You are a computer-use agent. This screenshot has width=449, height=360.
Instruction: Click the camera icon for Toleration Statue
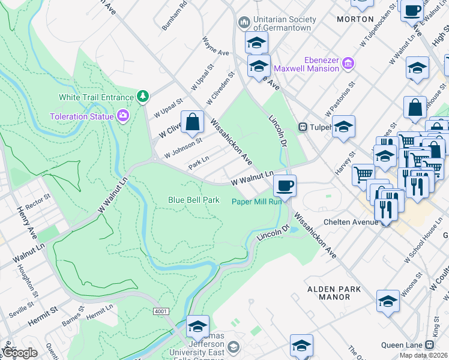point(124,115)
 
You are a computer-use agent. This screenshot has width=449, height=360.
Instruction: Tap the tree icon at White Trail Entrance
point(143,96)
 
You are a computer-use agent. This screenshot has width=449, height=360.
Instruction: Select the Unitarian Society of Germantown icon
point(244,23)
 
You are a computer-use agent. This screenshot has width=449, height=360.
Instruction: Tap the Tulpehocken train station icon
point(304,127)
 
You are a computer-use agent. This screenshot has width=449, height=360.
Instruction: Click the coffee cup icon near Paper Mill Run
point(285,184)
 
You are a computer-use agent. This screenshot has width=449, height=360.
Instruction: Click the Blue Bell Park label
point(193,200)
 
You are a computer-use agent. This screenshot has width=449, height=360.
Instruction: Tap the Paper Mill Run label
point(257,202)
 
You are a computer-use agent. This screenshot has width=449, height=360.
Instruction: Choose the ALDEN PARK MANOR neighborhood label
point(334,293)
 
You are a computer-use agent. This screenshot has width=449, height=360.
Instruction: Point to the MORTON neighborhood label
point(355,19)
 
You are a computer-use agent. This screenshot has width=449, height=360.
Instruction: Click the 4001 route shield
point(160,311)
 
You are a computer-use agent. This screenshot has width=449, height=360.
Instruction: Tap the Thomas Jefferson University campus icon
point(233,347)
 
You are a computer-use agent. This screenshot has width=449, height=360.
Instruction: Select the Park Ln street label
point(199,163)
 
